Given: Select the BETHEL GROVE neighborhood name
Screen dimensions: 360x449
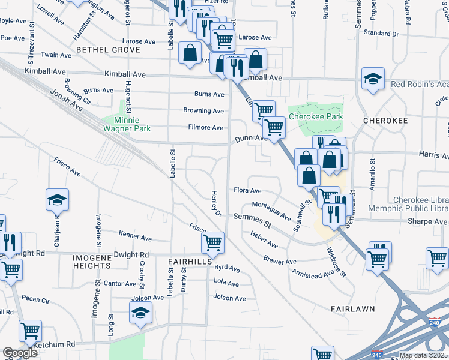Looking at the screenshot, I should [x=107, y=49].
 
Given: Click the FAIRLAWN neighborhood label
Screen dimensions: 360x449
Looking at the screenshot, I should [x=352, y=308].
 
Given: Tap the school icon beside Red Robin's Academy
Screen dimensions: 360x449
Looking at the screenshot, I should [x=373, y=79].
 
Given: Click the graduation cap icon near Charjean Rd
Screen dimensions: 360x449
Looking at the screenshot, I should [x=58, y=200].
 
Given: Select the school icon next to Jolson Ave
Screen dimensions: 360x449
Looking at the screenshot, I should [x=141, y=313].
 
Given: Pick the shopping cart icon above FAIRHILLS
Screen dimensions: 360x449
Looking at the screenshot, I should [x=213, y=243].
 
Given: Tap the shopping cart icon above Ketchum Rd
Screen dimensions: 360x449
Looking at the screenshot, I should [x=30, y=331].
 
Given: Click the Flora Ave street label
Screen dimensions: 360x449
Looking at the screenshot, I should [x=247, y=191].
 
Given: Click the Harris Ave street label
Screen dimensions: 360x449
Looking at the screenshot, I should [x=433, y=155].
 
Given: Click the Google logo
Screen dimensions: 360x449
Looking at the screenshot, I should [x=20, y=353].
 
